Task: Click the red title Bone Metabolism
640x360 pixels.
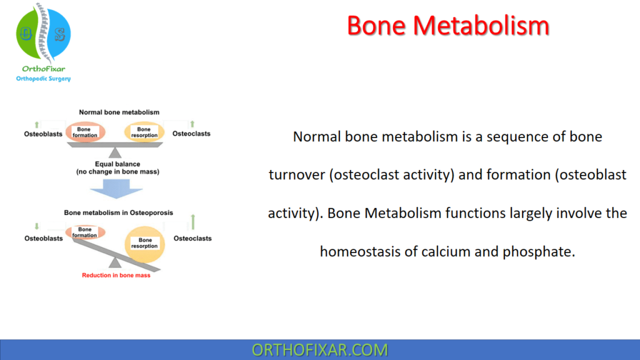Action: coord(447,26)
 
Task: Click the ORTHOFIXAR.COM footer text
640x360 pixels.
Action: coord(319,349)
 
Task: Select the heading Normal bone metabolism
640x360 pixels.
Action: coord(119,112)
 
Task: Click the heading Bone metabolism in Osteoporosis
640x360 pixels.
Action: coord(119,212)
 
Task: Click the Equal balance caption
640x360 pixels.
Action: coord(116,167)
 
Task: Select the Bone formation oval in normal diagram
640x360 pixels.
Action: coord(85,132)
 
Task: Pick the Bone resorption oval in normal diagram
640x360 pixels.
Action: coord(144,132)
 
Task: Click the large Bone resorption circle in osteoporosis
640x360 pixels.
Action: coord(145,243)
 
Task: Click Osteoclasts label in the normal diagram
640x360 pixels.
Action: coord(191,133)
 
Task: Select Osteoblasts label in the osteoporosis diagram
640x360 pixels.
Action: coord(44,239)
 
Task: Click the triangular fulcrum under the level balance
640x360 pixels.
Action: coord(115,152)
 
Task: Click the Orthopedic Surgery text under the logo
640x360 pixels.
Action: coord(43,79)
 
